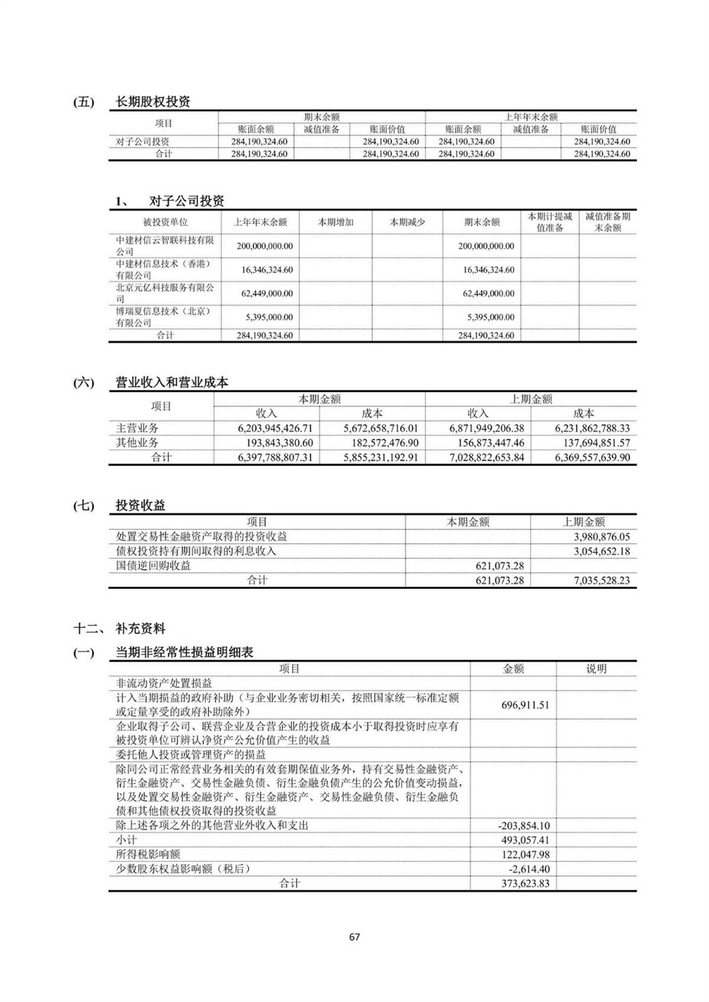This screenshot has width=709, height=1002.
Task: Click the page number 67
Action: coord(354,936)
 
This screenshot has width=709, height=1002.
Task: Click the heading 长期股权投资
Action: coord(152,102)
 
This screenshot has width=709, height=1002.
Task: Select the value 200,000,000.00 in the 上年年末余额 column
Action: coord(265,246)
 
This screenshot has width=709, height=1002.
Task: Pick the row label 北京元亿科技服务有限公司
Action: coord(164,293)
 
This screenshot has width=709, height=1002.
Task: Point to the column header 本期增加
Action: coord(336,222)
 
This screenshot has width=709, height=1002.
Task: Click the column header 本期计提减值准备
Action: coord(549,222)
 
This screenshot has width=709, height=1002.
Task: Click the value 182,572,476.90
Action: coord(380,443)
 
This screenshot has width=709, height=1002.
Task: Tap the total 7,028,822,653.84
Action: coord(486,457)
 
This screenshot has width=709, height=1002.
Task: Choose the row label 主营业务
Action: coord(137,428)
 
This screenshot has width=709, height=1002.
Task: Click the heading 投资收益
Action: coord(140,505)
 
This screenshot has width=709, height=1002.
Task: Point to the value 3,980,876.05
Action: coord(601,537)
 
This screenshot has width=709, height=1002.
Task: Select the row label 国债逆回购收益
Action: coord(153,566)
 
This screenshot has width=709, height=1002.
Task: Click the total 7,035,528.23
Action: coord(601,580)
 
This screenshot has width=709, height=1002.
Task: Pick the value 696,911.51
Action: coord(525,704)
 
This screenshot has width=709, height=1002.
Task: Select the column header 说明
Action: coord(596,668)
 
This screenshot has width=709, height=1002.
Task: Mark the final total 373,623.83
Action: coord(525,883)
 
